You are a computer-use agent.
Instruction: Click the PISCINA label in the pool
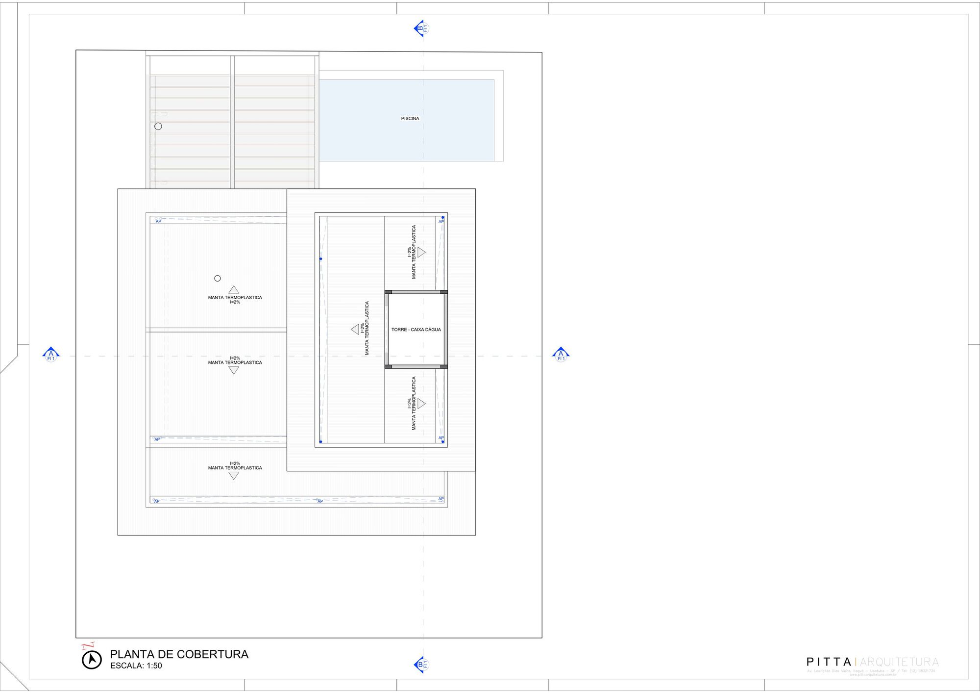pos(410,118)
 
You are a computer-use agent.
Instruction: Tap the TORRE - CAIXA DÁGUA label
pos(416,330)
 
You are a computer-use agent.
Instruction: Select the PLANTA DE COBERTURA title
pos(179,654)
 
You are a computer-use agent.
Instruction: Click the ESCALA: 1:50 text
pos(136,666)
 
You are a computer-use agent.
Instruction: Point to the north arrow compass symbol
pos(92,660)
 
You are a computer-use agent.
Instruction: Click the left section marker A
pos(51,355)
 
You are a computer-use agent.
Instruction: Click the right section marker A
pos(561,355)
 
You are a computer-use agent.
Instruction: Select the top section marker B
pos(420,28)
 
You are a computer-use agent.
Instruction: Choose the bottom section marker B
pos(420,665)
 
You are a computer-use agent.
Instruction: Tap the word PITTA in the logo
pos(829,662)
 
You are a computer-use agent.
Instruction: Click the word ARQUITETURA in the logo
pos(899,662)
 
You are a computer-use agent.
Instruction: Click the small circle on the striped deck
pos(158,127)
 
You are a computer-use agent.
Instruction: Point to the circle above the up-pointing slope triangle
pos(218,278)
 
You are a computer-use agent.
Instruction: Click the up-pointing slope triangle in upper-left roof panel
pos(234,290)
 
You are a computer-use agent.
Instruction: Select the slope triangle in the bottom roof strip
pos(234,475)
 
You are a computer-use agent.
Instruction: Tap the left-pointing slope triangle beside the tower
pos(355,330)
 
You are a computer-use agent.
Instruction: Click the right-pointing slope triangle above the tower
pos(421,252)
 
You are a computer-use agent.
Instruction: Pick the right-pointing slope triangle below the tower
pos(421,404)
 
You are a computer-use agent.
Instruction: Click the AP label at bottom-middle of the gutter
pos(320,501)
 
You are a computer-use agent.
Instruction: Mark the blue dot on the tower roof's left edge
pos(321,259)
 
